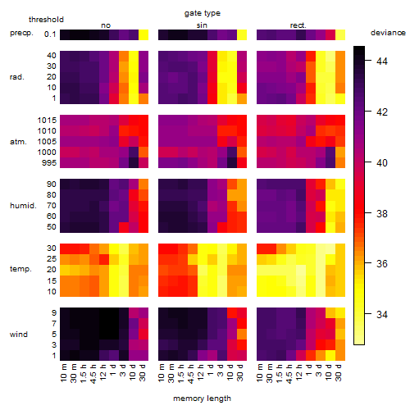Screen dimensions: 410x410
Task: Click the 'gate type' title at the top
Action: click(x=203, y=13)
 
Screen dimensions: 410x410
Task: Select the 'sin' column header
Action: click(x=202, y=25)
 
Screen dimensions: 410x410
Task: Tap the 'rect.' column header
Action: click(x=298, y=25)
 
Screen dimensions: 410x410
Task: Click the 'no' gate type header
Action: click(x=106, y=25)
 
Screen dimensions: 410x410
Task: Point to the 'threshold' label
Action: click(x=46, y=20)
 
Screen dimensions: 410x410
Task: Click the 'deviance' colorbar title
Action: click(x=388, y=33)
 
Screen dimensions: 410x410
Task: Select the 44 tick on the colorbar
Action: click(x=382, y=61)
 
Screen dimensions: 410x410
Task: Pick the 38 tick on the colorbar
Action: click(x=382, y=213)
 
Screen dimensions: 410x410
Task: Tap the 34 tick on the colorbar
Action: click(x=382, y=314)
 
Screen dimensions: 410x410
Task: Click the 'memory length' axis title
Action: click(x=203, y=399)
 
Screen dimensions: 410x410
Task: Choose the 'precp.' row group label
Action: click(x=21, y=33)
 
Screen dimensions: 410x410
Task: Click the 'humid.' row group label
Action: click(x=23, y=206)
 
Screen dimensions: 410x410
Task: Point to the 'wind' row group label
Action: click(x=19, y=335)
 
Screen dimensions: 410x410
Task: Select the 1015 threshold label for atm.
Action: click(x=47, y=121)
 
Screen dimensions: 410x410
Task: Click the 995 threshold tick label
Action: click(x=49, y=163)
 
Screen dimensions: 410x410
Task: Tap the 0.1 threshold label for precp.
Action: click(x=50, y=34)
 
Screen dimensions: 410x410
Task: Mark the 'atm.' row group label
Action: click(x=18, y=142)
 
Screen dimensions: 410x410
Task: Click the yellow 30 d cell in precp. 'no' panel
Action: click(x=143, y=35)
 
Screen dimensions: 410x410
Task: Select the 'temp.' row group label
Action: click(x=20, y=269)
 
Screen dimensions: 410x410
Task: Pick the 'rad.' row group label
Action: click(x=17, y=77)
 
